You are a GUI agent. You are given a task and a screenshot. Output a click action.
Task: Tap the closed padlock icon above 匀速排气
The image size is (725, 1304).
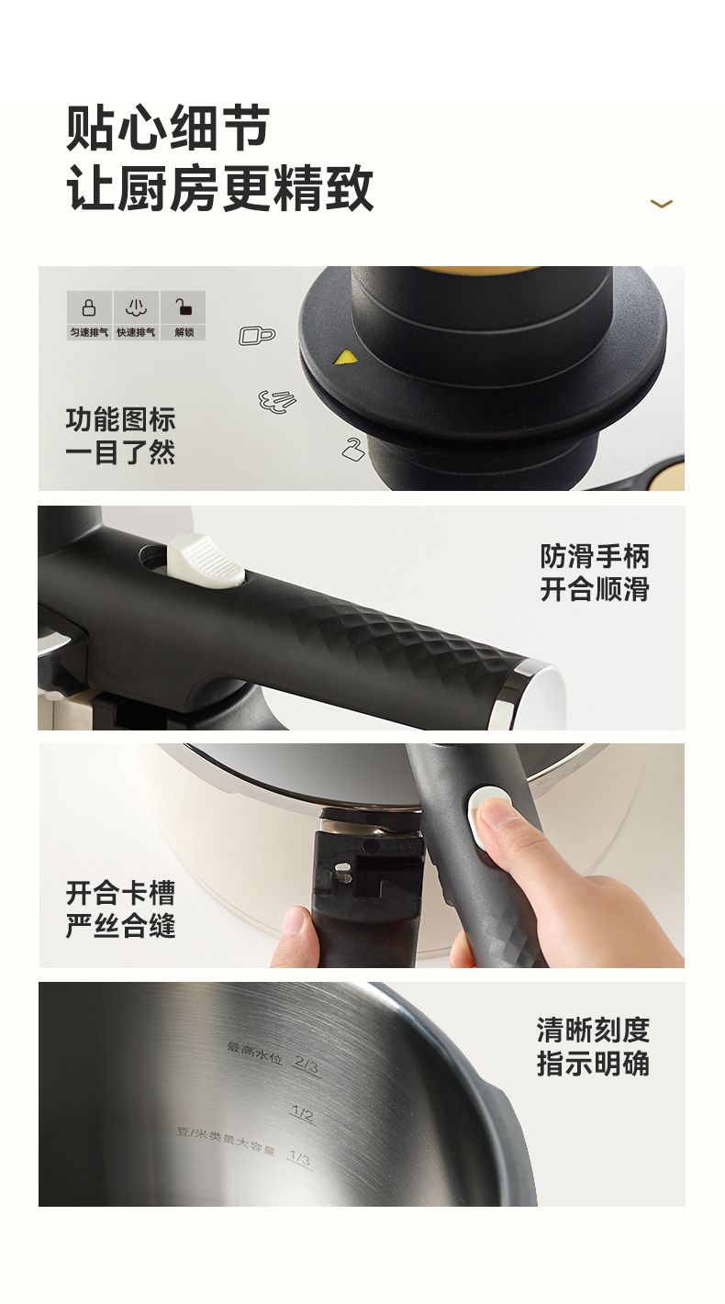(x=89, y=307)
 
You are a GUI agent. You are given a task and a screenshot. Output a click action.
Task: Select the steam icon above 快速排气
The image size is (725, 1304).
(x=136, y=307)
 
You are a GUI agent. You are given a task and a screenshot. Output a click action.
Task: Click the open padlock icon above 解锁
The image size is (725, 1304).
(x=184, y=306)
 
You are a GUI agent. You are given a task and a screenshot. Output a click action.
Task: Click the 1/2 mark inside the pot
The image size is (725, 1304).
(x=303, y=1114)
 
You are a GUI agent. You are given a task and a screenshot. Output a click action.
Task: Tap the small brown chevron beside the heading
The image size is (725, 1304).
(x=661, y=203)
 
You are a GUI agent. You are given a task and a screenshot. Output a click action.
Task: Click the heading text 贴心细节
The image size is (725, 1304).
(x=168, y=128)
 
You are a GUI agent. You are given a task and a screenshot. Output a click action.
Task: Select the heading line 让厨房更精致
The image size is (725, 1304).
(x=219, y=187)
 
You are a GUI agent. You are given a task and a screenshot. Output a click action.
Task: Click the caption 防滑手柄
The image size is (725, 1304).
(x=595, y=556)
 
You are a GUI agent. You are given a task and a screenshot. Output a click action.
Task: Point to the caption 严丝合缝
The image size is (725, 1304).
(x=120, y=926)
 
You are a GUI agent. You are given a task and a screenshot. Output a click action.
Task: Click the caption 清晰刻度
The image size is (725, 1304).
(x=594, y=1030)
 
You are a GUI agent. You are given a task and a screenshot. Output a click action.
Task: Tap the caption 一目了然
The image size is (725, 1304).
(x=120, y=452)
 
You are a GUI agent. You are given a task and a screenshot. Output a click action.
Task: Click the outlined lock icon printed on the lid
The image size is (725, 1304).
(x=257, y=336)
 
